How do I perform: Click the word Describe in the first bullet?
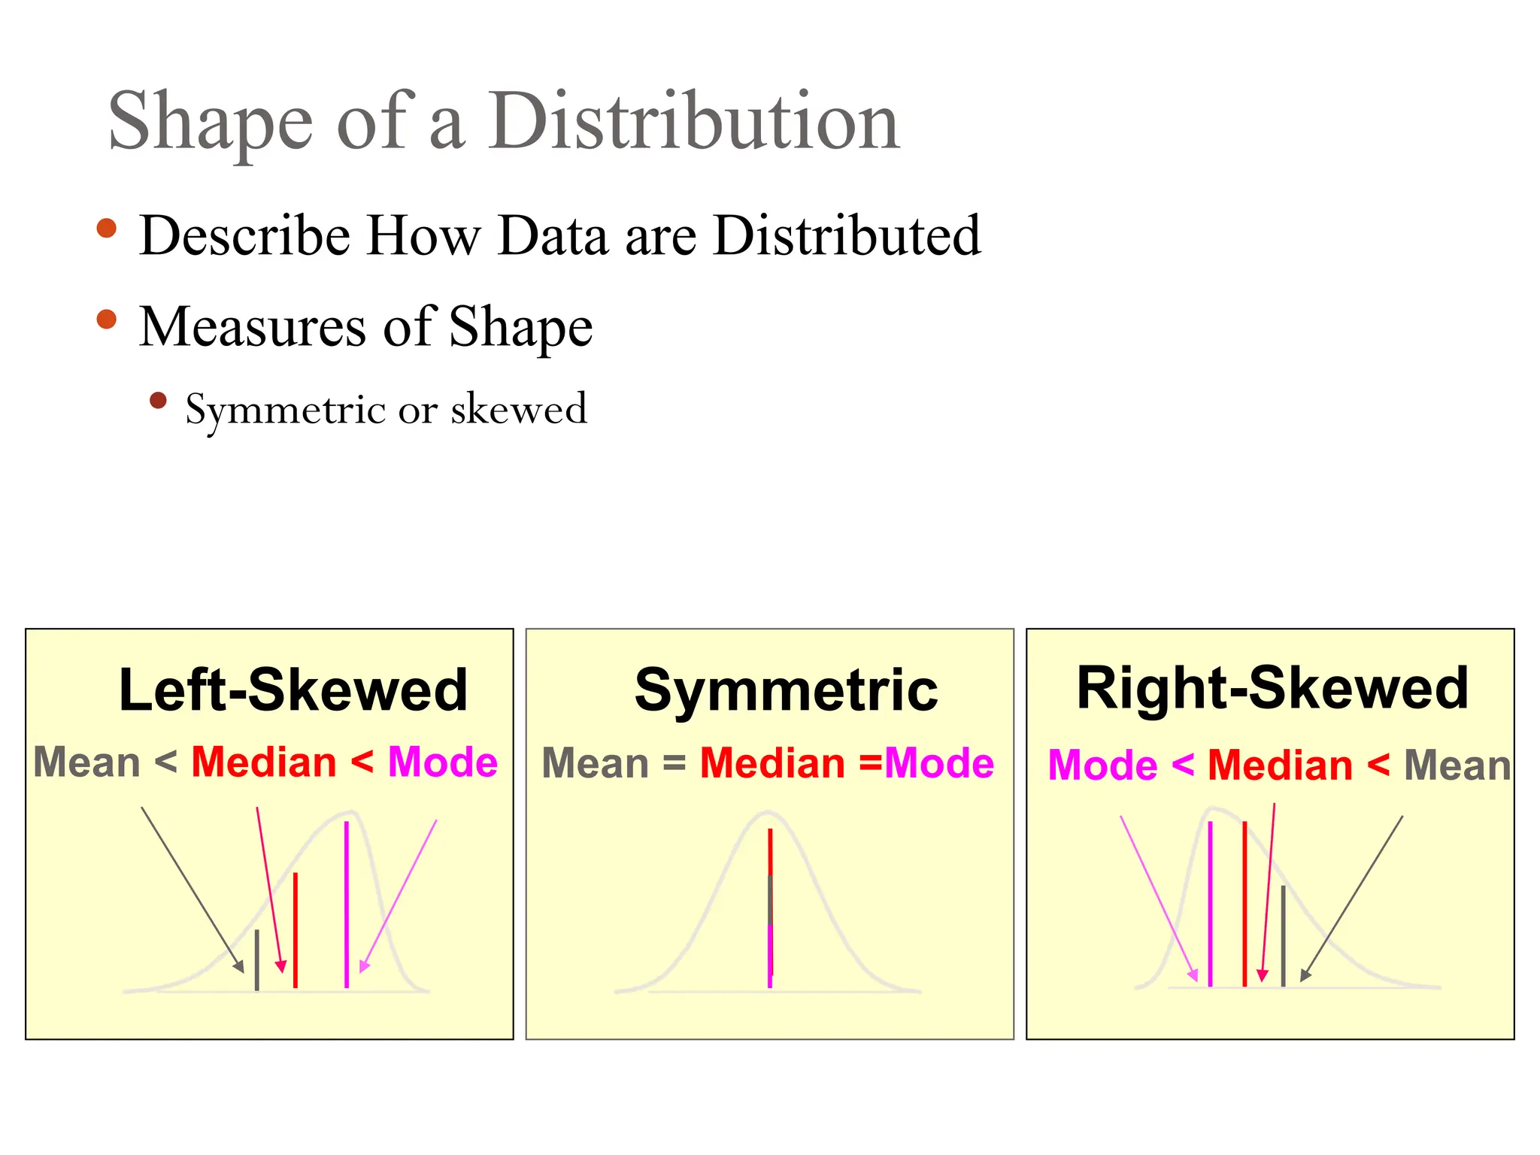pyautogui.click(x=245, y=236)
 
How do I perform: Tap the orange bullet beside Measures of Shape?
pyautogui.click(x=107, y=319)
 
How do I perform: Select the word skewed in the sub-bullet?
pyautogui.click(x=519, y=409)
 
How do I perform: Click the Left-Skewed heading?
pyautogui.click(x=293, y=690)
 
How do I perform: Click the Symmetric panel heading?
pyautogui.click(x=786, y=690)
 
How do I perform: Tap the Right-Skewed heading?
pyautogui.click(x=1272, y=687)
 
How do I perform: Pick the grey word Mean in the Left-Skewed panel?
pyautogui.click(x=87, y=762)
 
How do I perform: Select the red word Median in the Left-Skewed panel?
pyautogui.click(x=264, y=762)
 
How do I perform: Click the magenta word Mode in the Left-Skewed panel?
pyautogui.click(x=443, y=762)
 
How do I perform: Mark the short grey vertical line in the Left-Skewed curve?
pyautogui.click(x=257, y=960)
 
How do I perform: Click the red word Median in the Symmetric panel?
pyautogui.click(x=772, y=764)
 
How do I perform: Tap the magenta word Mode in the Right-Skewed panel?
pyautogui.click(x=1102, y=765)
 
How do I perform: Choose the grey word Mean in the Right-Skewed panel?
pyautogui.click(x=1457, y=765)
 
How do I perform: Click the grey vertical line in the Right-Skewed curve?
pyautogui.click(x=1283, y=935)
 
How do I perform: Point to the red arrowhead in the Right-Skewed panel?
pyautogui.click(x=1263, y=975)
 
